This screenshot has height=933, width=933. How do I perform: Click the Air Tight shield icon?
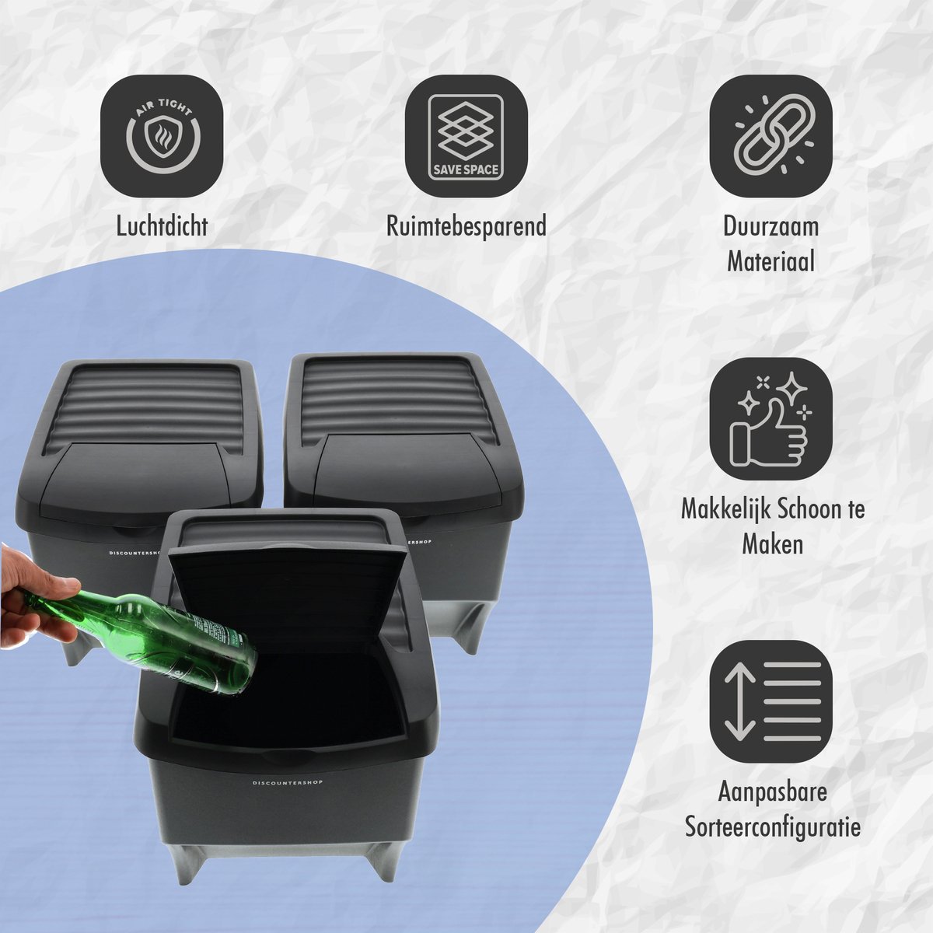click(162, 136)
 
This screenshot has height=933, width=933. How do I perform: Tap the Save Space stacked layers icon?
click(466, 136)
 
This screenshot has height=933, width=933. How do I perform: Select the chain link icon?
click(771, 136)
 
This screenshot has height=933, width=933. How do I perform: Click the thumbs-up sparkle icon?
click(771, 419)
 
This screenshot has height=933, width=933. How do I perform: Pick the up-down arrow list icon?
click(771, 702)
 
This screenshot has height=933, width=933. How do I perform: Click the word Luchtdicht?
click(162, 226)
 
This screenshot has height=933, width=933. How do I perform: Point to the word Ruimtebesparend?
click(466, 226)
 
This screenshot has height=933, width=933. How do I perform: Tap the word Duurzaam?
click(771, 226)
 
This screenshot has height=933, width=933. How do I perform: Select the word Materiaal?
click(771, 261)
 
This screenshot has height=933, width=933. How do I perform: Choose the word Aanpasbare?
click(772, 792)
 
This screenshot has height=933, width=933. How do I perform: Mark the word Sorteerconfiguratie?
click(772, 827)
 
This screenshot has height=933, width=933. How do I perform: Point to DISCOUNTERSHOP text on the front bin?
click(287, 782)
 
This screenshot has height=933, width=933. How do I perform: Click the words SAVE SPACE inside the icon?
click(466, 169)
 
